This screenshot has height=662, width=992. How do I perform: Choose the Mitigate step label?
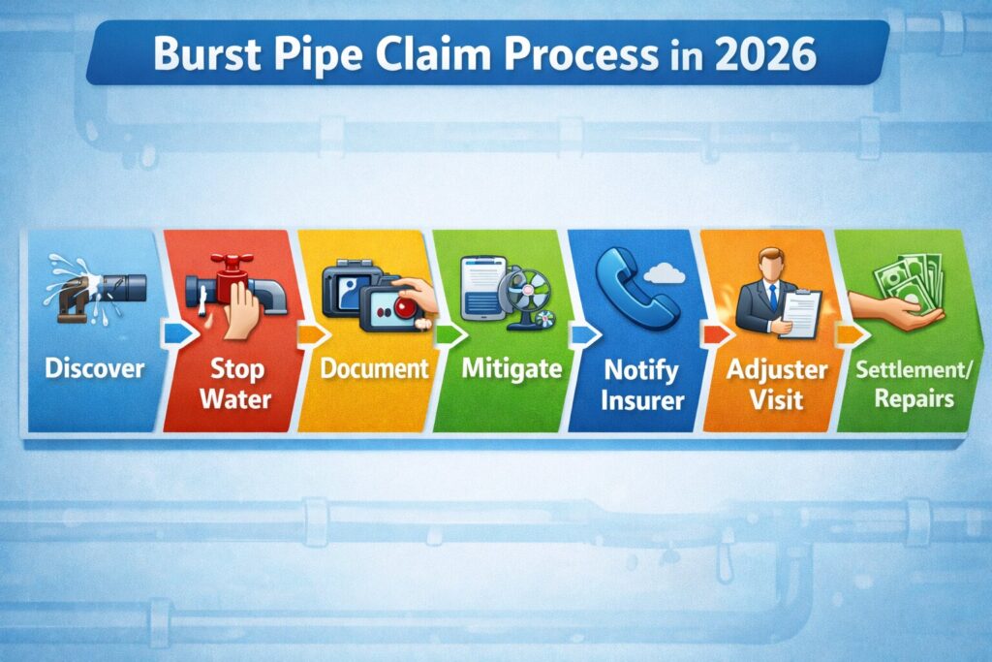[498, 368]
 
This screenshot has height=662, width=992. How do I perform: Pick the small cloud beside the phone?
[665, 275]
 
